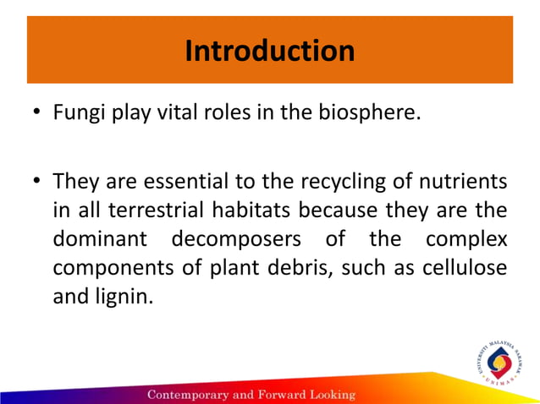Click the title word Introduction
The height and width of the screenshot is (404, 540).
tap(269, 51)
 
